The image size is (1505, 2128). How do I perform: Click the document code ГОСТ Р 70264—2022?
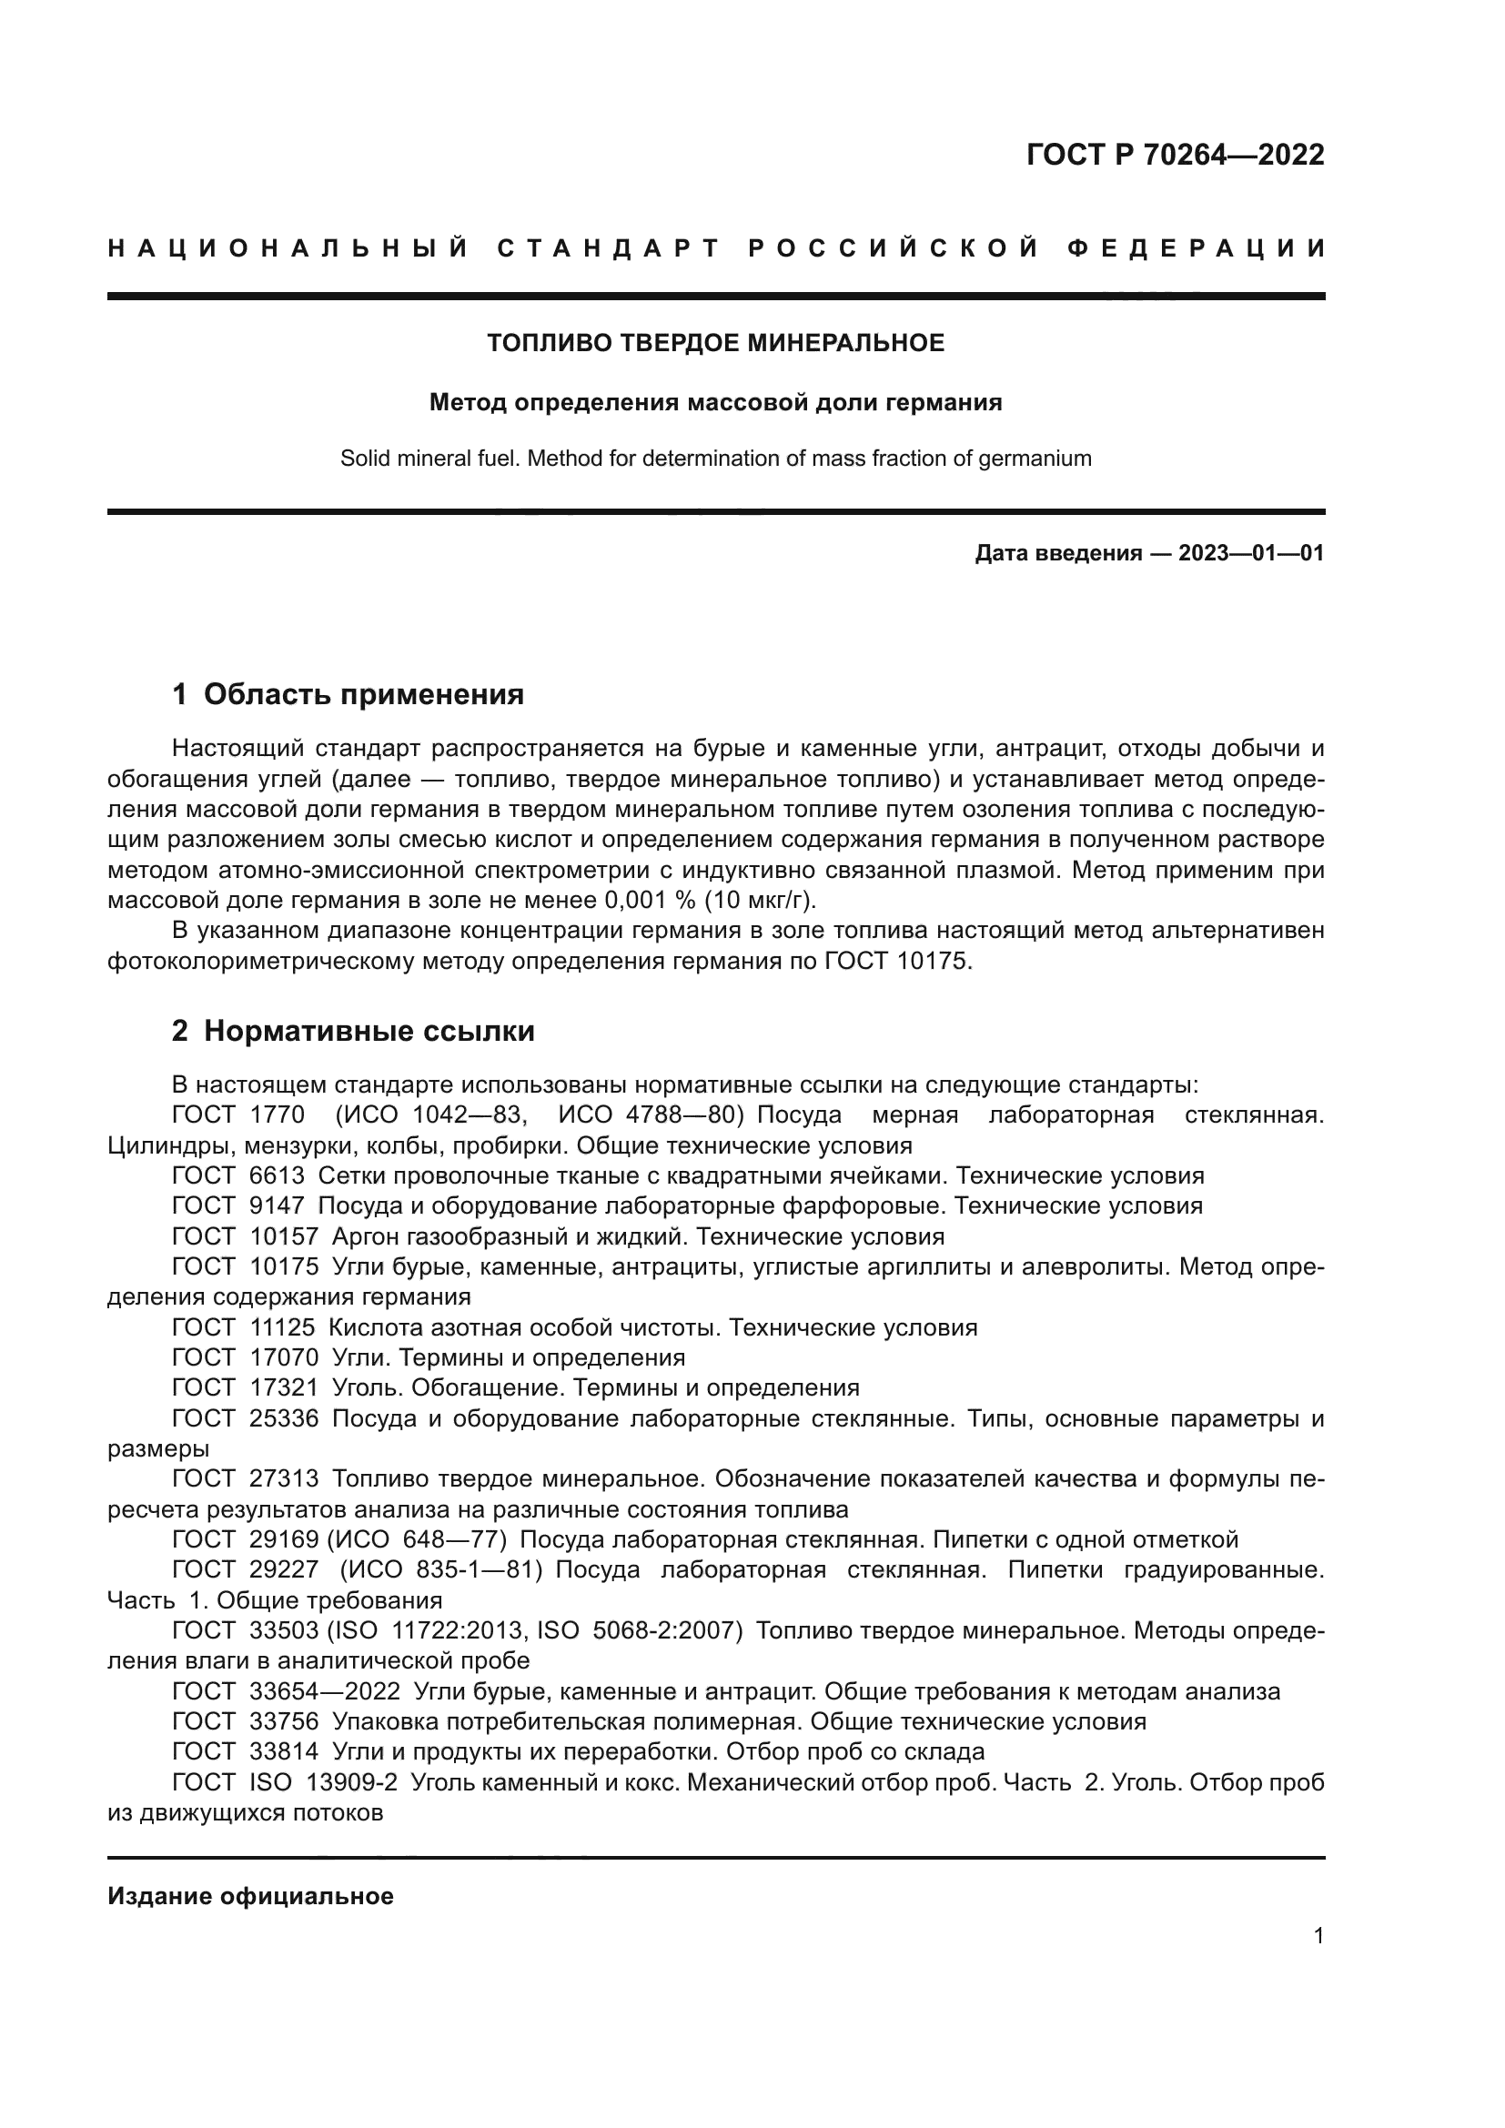(1175, 155)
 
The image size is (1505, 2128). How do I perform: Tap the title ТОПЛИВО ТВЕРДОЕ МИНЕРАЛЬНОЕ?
(715, 343)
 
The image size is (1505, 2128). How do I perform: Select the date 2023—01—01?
(1251, 553)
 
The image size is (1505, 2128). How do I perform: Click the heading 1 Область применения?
(348, 694)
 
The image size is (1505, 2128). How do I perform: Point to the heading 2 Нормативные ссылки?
(353, 1031)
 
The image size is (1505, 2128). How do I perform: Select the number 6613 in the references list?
(277, 1176)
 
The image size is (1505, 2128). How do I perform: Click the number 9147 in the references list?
(277, 1205)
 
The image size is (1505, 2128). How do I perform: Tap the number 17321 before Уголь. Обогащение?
(284, 1387)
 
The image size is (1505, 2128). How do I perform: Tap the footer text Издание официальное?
(250, 1896)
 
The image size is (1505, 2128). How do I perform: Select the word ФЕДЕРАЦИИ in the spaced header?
(1197, 248)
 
